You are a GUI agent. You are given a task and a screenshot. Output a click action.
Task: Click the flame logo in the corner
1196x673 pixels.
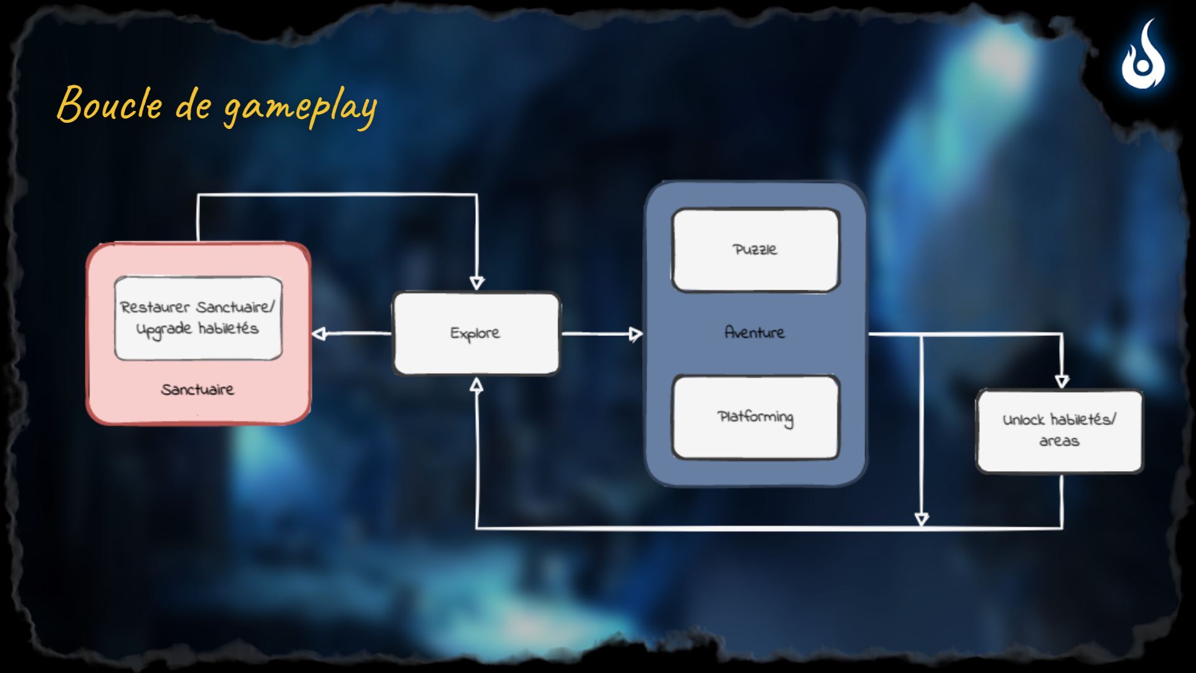1144,57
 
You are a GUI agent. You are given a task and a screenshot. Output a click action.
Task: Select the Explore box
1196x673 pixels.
476,333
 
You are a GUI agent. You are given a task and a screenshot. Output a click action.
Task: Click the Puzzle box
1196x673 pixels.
756,250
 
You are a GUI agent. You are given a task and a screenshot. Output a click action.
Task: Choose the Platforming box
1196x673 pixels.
756,417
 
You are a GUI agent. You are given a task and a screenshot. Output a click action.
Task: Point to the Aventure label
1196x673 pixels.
754,332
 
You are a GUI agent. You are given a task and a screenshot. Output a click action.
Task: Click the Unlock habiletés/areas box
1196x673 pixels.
1059,431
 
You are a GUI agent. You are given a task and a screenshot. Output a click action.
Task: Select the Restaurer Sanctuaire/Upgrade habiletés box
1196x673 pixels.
198,318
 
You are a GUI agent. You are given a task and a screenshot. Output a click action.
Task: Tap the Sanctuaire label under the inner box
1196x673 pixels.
197,389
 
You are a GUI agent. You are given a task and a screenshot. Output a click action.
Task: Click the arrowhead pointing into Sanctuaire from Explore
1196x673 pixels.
319,334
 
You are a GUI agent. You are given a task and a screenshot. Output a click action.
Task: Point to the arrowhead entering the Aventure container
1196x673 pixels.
635,334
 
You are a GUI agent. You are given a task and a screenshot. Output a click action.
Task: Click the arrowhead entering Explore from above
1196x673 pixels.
477,284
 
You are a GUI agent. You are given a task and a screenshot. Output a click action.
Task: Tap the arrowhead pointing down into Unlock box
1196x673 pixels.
1062,381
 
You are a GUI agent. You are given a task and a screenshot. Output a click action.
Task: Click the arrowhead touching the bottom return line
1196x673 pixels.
921,520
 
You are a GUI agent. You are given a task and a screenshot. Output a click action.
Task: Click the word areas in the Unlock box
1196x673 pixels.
1059,441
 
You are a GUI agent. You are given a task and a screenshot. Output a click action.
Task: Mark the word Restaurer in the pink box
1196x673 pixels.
154,307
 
